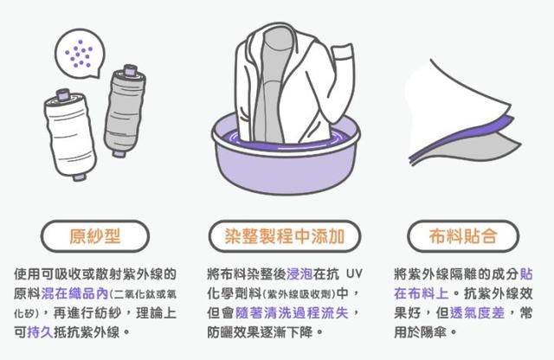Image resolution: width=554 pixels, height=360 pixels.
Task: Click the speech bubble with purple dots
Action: click(80, 54)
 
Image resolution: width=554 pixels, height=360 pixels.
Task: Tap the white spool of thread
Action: click(70, 134)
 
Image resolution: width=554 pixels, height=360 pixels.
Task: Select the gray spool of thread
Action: click(125, 110)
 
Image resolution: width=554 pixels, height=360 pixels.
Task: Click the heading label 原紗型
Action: click(95, 236)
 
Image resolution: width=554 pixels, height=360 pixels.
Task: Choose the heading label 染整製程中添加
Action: click(285, 236)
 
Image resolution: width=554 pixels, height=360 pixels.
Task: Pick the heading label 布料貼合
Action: click(463, 236)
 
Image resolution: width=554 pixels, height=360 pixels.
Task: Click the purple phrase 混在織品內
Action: click(74, 293)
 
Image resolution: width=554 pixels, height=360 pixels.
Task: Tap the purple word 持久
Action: click(40, 331)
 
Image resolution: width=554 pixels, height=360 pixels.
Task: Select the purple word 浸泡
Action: click(300, 273)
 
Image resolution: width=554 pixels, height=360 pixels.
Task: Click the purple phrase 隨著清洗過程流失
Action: click(292, 312)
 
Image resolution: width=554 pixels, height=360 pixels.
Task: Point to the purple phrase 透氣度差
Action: click(477, 312)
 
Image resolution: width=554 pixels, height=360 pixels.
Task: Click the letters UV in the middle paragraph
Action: click(354, 273)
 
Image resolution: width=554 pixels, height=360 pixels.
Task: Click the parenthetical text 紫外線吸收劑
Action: click(300, 294)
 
